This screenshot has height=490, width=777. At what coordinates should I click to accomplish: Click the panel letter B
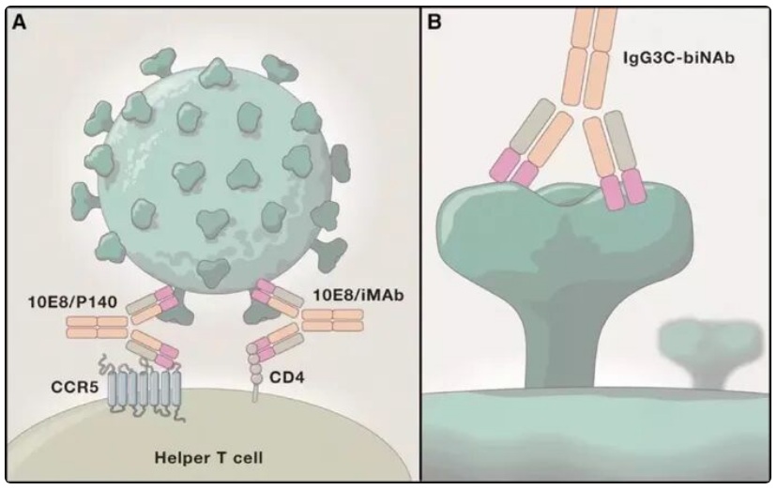coord(434,22)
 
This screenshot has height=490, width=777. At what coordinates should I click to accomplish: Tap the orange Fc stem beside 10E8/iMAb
coord(331,319)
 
